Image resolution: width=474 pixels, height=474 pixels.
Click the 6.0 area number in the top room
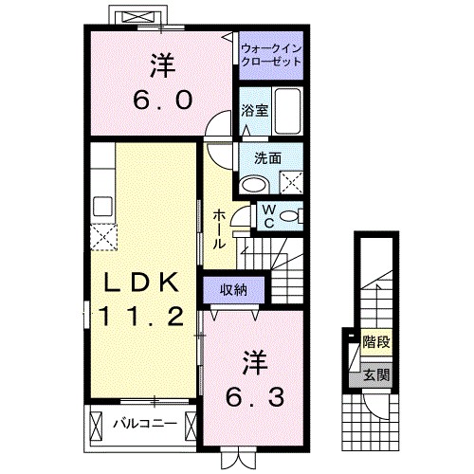pos(157,98)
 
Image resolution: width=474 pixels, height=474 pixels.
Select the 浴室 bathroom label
pos(254,109)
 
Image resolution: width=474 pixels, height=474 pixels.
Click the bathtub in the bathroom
pos(287,110)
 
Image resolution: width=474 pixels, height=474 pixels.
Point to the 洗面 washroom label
pos(266,158)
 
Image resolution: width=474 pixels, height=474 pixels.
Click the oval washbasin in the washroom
pos(253,184)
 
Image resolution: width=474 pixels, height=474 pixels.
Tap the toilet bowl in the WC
pos(290,214)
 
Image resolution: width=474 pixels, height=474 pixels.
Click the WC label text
pos(268,214)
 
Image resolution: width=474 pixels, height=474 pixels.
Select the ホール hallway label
pos(219,228)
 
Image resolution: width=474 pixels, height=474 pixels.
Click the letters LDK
pos(140,282)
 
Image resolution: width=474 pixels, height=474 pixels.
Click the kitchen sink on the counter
pos(102,203)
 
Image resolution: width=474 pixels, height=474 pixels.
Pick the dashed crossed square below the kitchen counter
pos(102,233)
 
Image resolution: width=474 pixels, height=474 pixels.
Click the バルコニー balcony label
pos(145,422)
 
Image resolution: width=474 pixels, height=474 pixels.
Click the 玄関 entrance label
pos(375,375)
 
